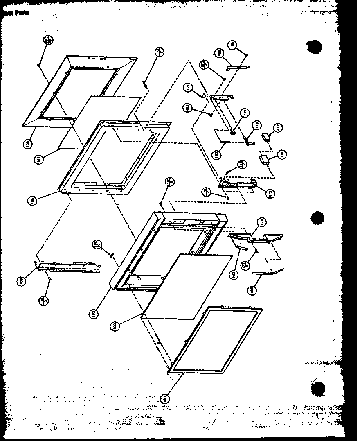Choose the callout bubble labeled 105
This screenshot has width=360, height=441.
click(94, 314)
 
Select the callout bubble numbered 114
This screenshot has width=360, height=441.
click(261, 222)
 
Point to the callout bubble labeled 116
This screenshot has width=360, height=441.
click(281, 154)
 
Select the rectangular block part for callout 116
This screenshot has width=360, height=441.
click(264, 158)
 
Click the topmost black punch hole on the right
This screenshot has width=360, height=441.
click(313, 47)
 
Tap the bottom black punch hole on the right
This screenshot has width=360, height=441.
click(317, 388)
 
